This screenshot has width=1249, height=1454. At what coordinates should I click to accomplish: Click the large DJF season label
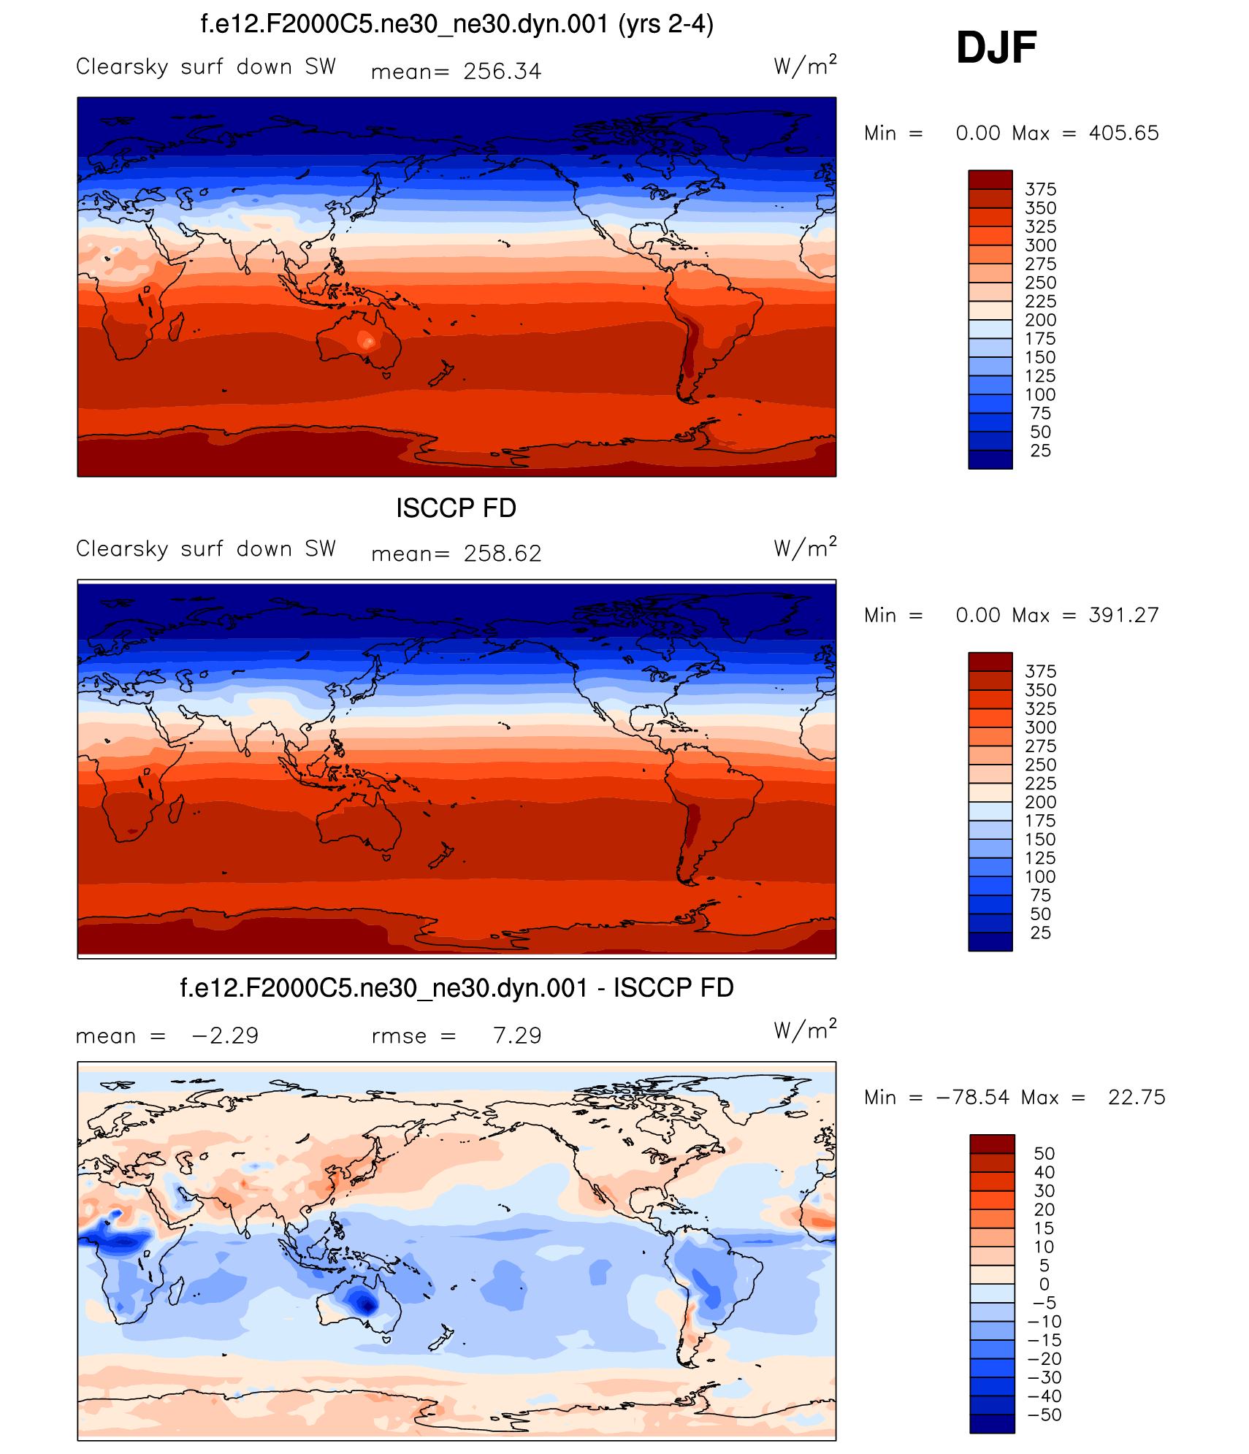tap(996, 48)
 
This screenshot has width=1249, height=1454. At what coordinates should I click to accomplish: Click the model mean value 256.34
tap(502, 72)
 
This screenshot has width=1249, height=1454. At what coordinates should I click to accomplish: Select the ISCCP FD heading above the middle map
tap(456, 508)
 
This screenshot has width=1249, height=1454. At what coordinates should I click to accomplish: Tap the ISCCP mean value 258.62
tap(503, 554)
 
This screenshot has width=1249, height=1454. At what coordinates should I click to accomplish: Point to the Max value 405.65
tap(1123, 133)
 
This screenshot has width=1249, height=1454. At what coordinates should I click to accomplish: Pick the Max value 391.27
tap(1123, 615)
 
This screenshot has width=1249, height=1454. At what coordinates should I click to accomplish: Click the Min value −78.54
tap(972, 1097)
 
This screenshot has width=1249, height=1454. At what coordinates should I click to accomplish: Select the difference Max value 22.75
tap(1137, 1097)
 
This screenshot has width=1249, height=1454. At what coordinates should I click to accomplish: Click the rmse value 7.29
tap(517, 1036)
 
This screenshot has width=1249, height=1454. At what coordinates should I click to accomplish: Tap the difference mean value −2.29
tap(225, 1036)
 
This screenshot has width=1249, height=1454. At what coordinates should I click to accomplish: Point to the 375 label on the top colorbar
tap(1040, 190)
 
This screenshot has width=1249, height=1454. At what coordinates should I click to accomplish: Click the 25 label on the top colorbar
tap(1040, 451)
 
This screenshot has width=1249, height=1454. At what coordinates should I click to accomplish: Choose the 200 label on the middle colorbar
tap(1040, 802)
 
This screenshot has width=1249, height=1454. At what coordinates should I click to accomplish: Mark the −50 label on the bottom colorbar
tap(1044, 1415)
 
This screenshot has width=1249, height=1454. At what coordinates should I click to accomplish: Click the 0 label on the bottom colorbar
tap(1044, 1284)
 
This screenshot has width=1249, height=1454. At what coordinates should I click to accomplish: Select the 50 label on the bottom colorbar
tap(1044, 1153)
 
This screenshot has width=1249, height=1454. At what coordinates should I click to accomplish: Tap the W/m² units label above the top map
tap(805, 66)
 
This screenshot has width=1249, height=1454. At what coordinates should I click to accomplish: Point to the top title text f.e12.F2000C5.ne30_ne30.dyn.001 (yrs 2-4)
tap(457, 25)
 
